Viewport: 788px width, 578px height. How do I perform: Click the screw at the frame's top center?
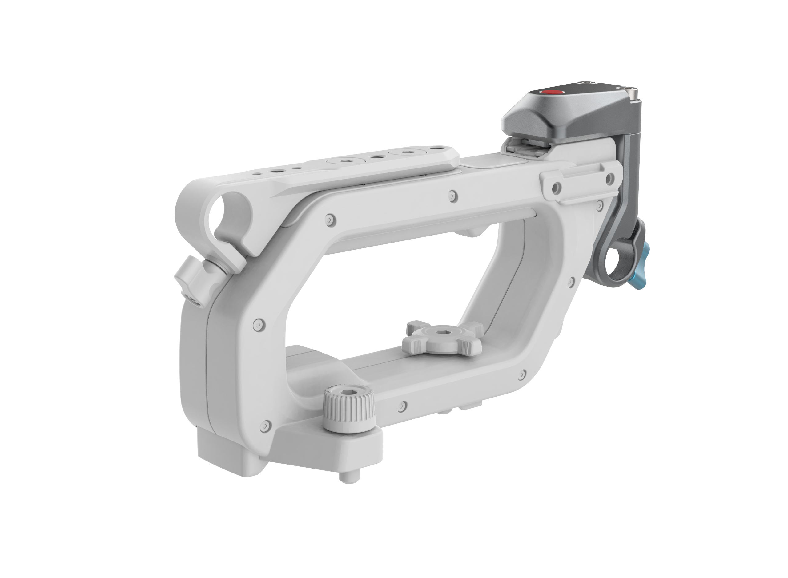(x=453, y=196)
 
